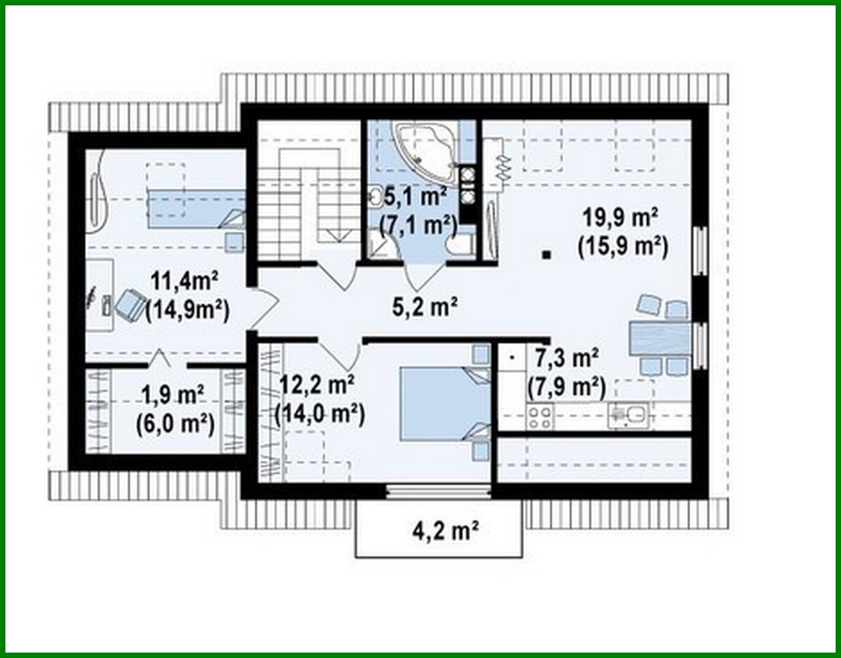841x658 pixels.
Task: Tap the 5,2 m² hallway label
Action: coord(425,307)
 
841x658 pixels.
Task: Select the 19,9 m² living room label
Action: coord(621,217)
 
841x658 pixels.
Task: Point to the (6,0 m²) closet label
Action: coord(174,425)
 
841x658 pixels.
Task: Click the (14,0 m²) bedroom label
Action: coord(319,414)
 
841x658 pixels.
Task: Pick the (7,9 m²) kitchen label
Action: coord(566,388)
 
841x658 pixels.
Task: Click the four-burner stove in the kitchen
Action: coord(539,416)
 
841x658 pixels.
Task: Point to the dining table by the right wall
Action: coord(658,337)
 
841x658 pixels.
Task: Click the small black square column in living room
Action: coord(545,255)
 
